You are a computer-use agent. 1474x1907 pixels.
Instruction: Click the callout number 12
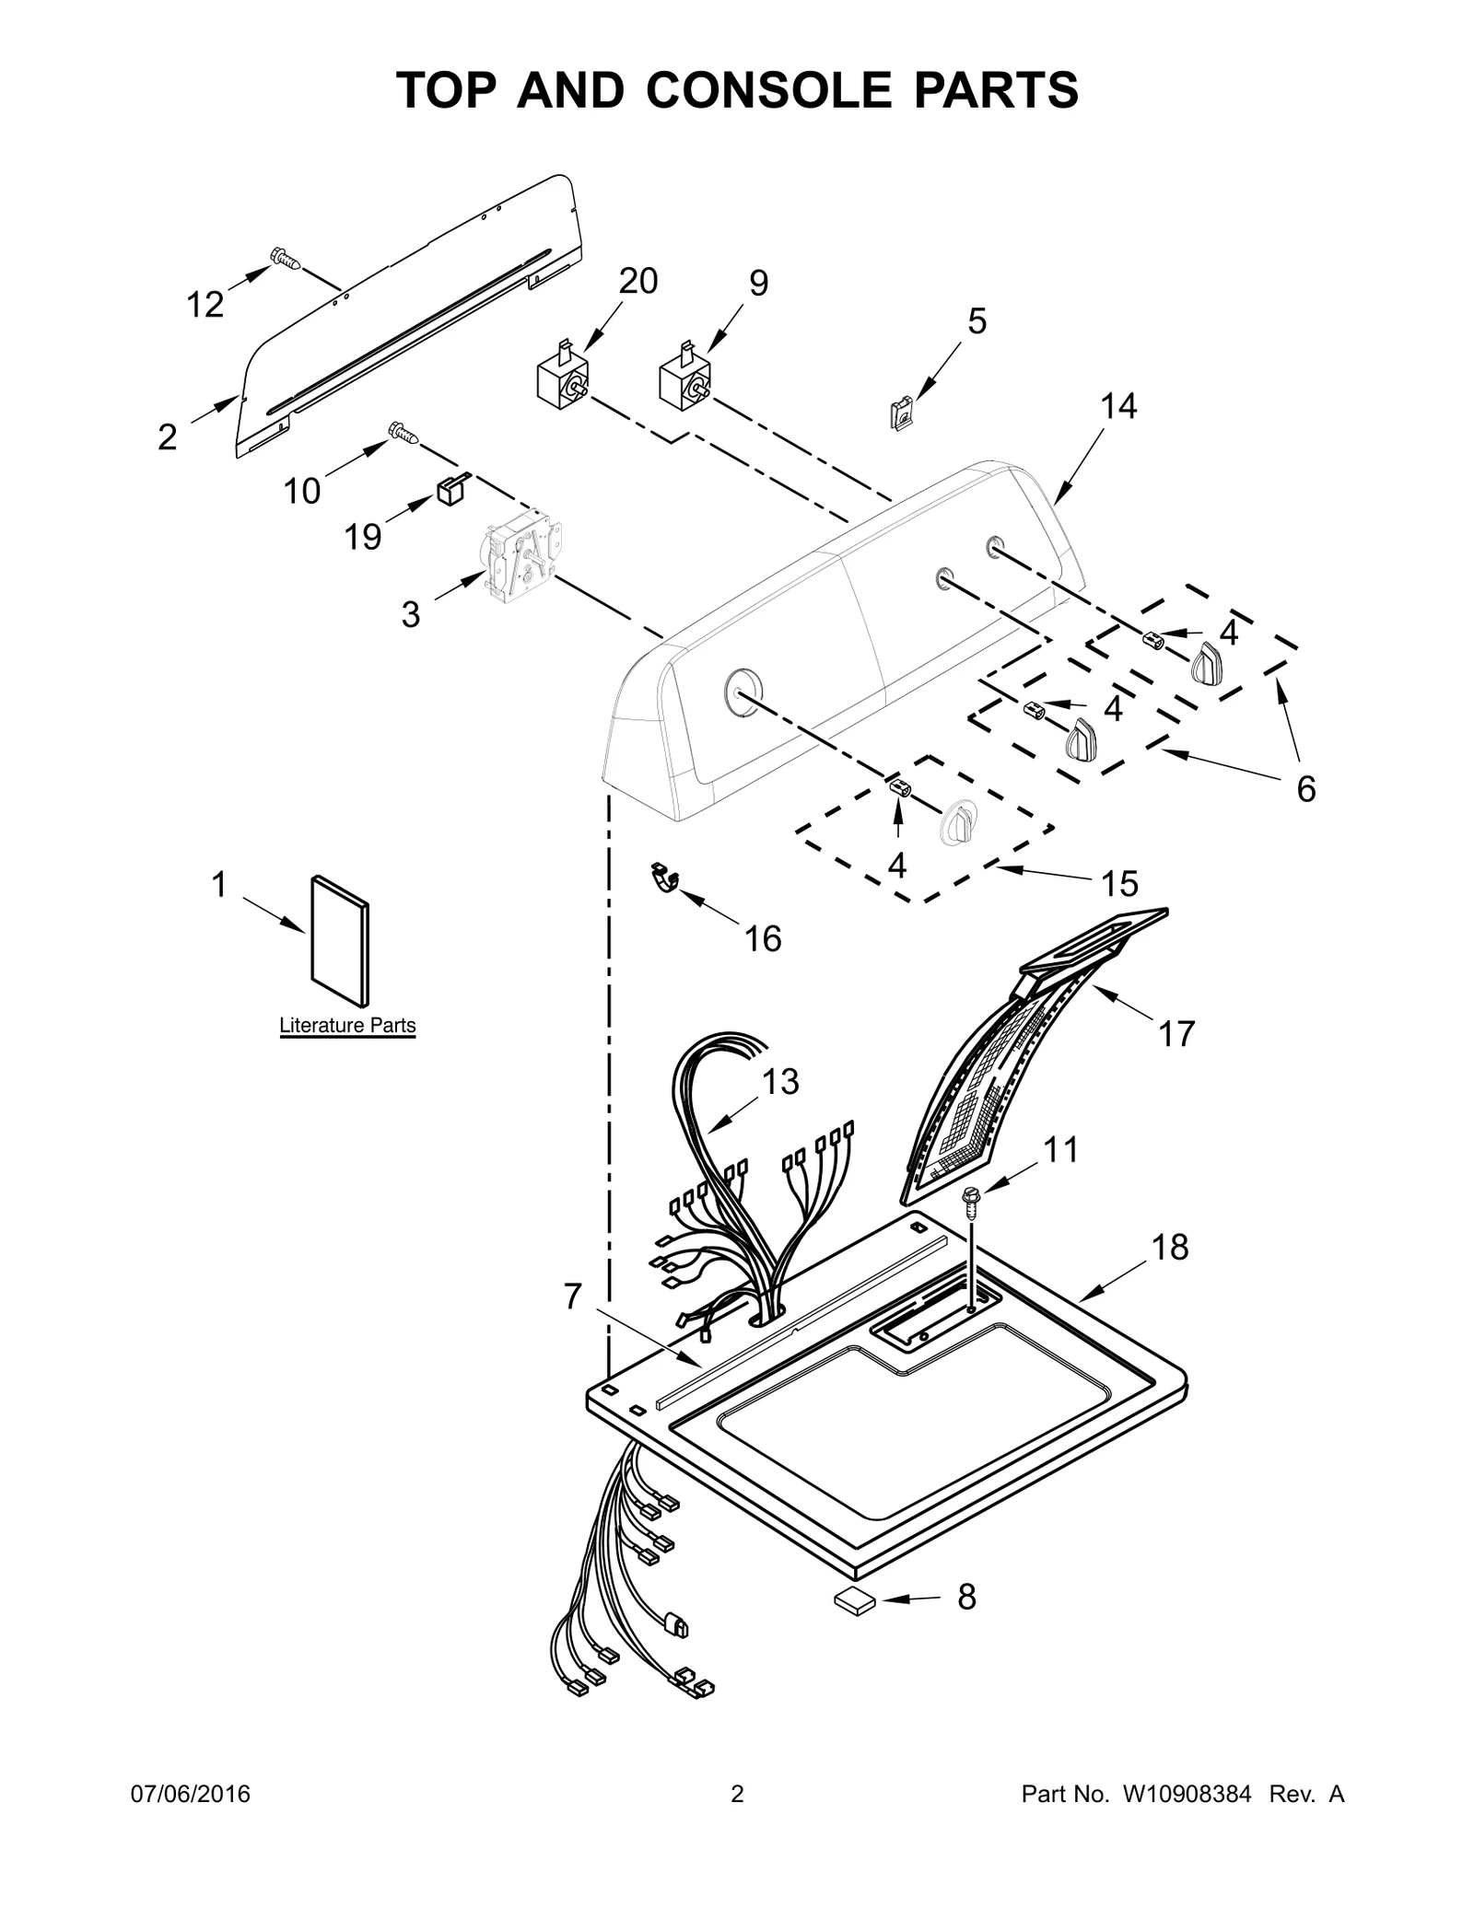tap(205, 304)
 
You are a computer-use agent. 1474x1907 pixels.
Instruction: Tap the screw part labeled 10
tap(403, 431)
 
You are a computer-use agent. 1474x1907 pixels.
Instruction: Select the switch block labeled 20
tap(563, 380)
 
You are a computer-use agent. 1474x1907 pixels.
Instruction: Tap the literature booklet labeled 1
tap(342, 940)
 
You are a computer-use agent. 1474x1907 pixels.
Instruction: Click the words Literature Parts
tap(347, 1025)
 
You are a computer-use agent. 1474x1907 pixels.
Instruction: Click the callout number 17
tap(1176, 1033)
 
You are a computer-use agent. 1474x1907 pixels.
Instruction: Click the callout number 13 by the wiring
tap(779, 1081)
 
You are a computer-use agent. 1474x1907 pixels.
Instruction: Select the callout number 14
tap(1118, 405)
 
